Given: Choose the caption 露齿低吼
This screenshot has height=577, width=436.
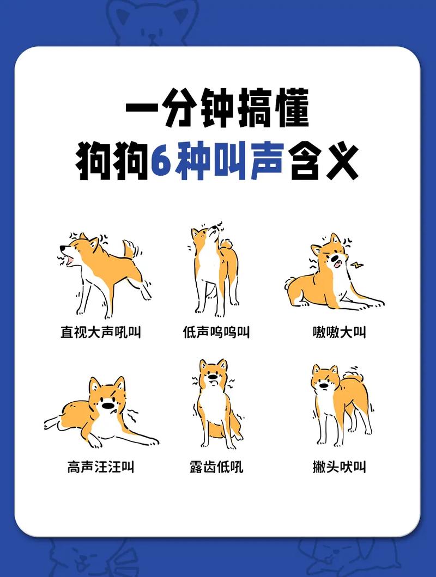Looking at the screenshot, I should [216, 466].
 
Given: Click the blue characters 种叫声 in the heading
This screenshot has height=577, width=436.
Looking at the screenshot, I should [229, 162].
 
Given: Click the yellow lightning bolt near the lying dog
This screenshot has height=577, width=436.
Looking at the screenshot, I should [357, 265].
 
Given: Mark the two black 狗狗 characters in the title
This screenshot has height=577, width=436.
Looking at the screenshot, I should [112, 162].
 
